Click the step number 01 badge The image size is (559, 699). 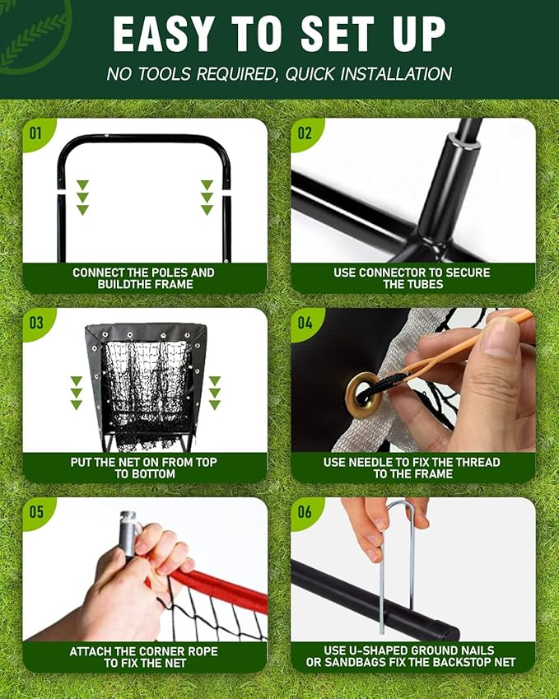(35, 132)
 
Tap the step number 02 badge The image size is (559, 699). (305, 132)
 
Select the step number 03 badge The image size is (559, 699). (35, 322)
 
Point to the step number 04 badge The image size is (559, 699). (305, 322)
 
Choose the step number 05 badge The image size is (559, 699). (35, 511)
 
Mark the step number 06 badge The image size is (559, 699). (305, 511)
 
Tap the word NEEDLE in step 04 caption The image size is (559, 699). (373, 462)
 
